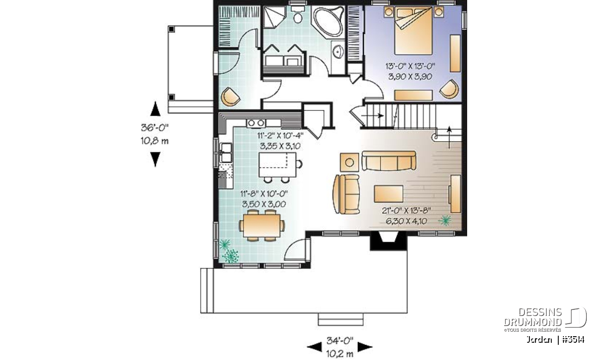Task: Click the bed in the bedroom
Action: pyautogui.click(x=413, y=30)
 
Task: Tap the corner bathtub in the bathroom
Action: pyautogui.click(x=328, y=21)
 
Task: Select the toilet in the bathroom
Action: pyautogui.click(x=298, y=14)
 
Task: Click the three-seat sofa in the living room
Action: pyautogui.click(x=389, y=161)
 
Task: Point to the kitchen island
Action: pyautogui.click(x=278, y=165)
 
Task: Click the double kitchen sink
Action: pyautogui.click(x=226, y=153)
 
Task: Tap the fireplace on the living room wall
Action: pyautogui.click(x=389, y=241)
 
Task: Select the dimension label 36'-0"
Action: pyautogui.click(x=155, y=128)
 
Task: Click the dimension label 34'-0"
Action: pyautogui.click(x=340, y=340)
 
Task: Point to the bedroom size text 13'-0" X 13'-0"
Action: pyautogui.click(x=410, y=66)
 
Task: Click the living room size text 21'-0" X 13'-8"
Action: pyautogui.click(x=406, y=211)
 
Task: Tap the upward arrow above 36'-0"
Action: pyautogui.click(x=155, y=109)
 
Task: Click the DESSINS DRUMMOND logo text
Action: pyautogui.click(x=533, y=317)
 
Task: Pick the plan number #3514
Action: pyautogui.click(x=573, y=340)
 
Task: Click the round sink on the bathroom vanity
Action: pyautogui.click(x=338, y=52)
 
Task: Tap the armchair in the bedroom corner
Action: pyautogui.click(x=449, y=89)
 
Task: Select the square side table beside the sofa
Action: pyautogui.click(x=350, y=162)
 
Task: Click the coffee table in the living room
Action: pyautogui.click(x=389, y=194)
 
